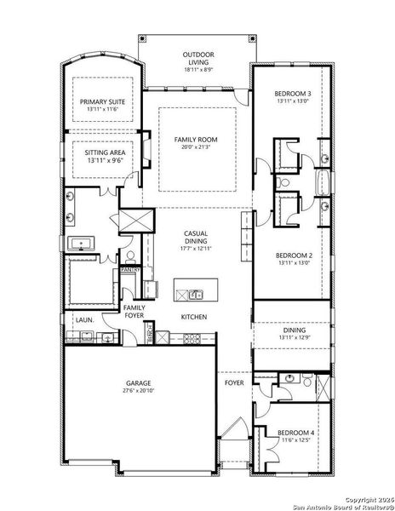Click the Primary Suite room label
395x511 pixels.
[101, 100]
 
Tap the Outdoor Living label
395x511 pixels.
[197, 58]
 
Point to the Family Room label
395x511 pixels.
[197, 139]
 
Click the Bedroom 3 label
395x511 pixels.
[292, 93]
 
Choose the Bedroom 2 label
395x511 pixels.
[292, 255]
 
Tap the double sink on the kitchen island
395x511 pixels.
[192, 295]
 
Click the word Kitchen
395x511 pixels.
[193, 317]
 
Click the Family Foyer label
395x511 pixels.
[134, 311]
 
